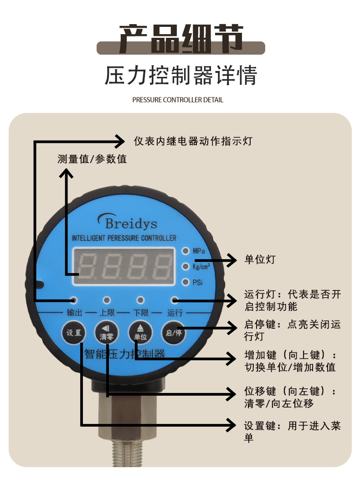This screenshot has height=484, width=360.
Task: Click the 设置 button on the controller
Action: tap(74, 333)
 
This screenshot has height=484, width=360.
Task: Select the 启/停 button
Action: tap(174, 333)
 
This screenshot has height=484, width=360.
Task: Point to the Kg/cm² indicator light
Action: tap(185, 266)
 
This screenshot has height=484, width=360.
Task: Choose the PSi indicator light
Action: tap(185, 282)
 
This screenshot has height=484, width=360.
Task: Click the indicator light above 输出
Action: tap(73, 300)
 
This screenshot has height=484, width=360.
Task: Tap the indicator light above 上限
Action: tap(107, 300)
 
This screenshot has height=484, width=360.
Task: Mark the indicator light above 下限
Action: tap(141, 300)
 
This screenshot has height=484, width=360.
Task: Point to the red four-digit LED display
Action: tap(123, 267)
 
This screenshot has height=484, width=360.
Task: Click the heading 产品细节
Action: tap(181, 39)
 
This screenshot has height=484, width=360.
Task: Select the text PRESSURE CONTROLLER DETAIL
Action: tap(178, 100)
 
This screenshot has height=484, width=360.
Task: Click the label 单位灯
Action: tap(260, 260)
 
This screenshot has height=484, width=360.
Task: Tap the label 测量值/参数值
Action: tap(92, 159)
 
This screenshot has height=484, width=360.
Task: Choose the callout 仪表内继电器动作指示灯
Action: tap(193, 141)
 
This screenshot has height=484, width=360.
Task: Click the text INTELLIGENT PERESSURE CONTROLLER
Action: tap(124, 238)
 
